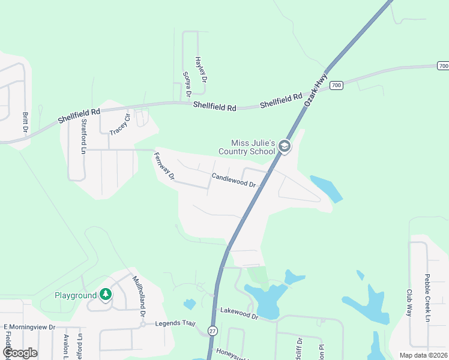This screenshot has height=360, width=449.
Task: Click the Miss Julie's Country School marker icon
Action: pyautogui.click(x=285, y=146)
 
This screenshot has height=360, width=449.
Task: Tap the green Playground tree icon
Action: pyautogui.click(x=106, y=295)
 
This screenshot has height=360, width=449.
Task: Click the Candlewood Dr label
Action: pyautogui.click(x=234, y=180)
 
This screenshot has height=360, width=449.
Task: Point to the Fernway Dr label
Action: pyautogui.click(x=164, y=167)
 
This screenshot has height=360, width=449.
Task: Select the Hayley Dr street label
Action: pyautogui.click(x=200, y=70)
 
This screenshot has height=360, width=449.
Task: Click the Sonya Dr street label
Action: pyautogui.click(x=187, y=85)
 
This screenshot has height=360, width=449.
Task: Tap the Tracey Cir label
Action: pyautogui.click(x=120, y=124)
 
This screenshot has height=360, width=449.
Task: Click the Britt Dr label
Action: pyautogui.click(x=25, y=122)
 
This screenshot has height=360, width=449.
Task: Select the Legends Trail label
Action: pyautogui.click(x=175, y=323)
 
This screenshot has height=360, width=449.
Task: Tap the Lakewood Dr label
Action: pyautogui.click(x=239, y=313)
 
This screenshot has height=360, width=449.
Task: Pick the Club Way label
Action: pyautogui.click(x=409, y=303)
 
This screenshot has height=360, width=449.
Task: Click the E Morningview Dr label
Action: pyautogui.click(x=29, y=327)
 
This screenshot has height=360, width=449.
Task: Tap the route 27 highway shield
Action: pyautogui.click(x=212, y=331)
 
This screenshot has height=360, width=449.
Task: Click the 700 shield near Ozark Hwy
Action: pyautogui.click(x=336, y=85)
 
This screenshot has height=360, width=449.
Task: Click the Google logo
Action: pyautogui.click(x=20, y=353)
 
